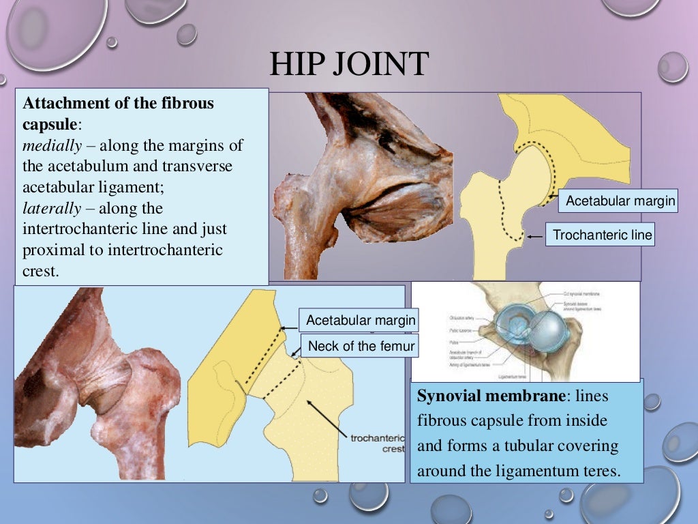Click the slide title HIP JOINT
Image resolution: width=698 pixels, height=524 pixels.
pos(348,65)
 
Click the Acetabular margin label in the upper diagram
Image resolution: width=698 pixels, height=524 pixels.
pos(620,201)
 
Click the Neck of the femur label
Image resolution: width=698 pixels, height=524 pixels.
pos(361,346)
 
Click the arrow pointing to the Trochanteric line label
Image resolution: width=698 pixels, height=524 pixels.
pos(536,236)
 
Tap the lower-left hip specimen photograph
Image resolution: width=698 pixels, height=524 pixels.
pos(95,382)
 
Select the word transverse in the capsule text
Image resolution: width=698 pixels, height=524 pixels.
pos(198,166)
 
